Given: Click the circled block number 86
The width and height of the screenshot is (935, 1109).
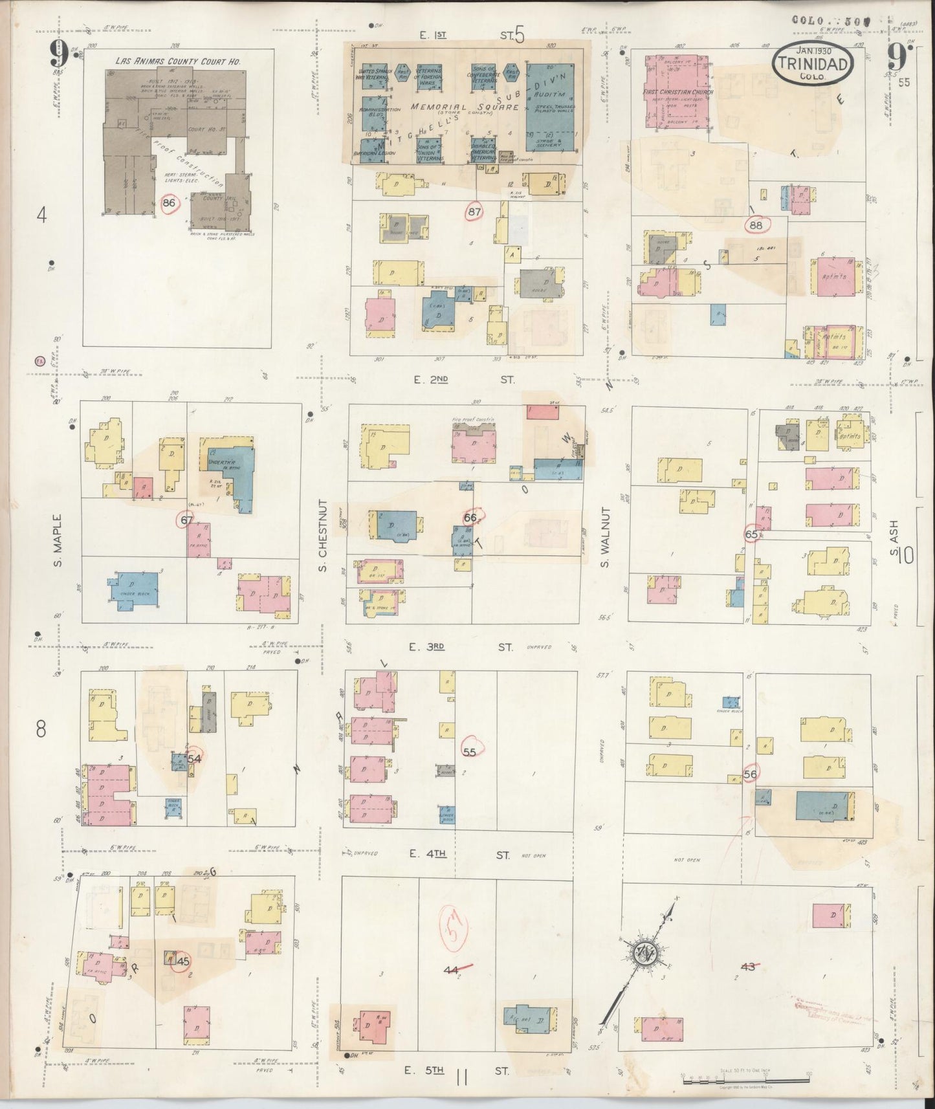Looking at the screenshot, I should coord(170,203).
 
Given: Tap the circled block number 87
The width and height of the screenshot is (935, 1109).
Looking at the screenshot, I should coord(475,211).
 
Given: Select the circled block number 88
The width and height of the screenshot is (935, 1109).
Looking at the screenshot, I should coord(755,225).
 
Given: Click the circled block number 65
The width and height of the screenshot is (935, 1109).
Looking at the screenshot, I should coord(751,534).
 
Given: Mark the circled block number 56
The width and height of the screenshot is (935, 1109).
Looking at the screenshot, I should coord(751,774).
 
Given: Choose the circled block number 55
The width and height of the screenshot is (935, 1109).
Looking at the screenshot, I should coord(470,751).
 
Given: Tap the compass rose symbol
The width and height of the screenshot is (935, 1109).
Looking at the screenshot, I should coord(644,952).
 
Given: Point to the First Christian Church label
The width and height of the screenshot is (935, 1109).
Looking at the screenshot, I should coord(677,93).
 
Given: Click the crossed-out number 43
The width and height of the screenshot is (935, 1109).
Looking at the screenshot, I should coord(748,967).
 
